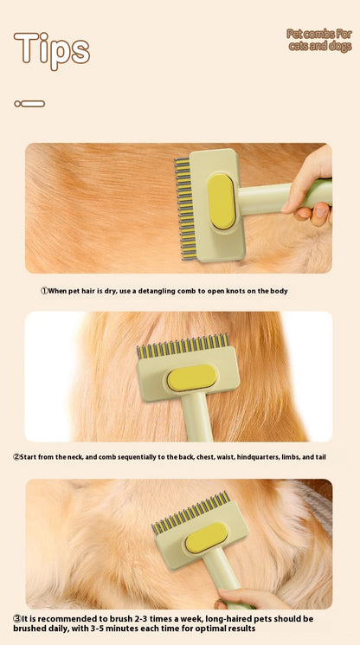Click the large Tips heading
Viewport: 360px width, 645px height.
[52, 49]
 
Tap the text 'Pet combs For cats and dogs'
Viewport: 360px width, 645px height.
[319, 40]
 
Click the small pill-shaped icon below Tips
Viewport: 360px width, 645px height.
[29, 104]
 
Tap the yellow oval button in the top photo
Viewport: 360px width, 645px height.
[222, 202]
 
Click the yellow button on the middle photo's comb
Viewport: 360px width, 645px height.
[191, 377]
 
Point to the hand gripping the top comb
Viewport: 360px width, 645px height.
[311, 187]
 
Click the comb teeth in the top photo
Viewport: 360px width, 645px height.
[183, 209]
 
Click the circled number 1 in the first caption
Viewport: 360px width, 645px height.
[45, 291]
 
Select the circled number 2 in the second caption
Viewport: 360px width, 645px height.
[16, 456]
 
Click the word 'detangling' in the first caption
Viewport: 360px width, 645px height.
[151, 291]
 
